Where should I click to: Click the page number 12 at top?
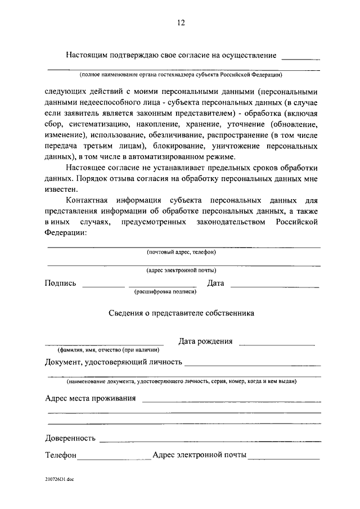click(181, 23)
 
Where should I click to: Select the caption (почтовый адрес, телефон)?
click(181, 251)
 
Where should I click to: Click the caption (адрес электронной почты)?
click(181, 270)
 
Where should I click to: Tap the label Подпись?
click(60, 283)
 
